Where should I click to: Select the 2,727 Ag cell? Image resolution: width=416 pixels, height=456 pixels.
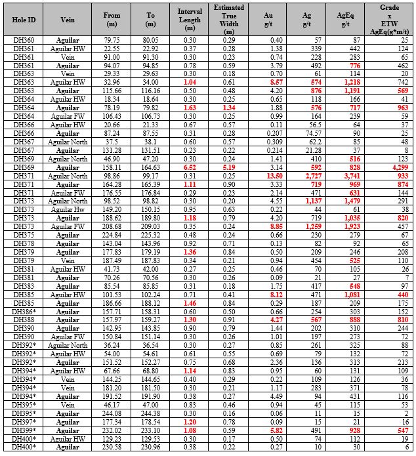pos(307,177)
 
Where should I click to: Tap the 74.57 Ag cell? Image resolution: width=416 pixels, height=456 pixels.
pos(307,133)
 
